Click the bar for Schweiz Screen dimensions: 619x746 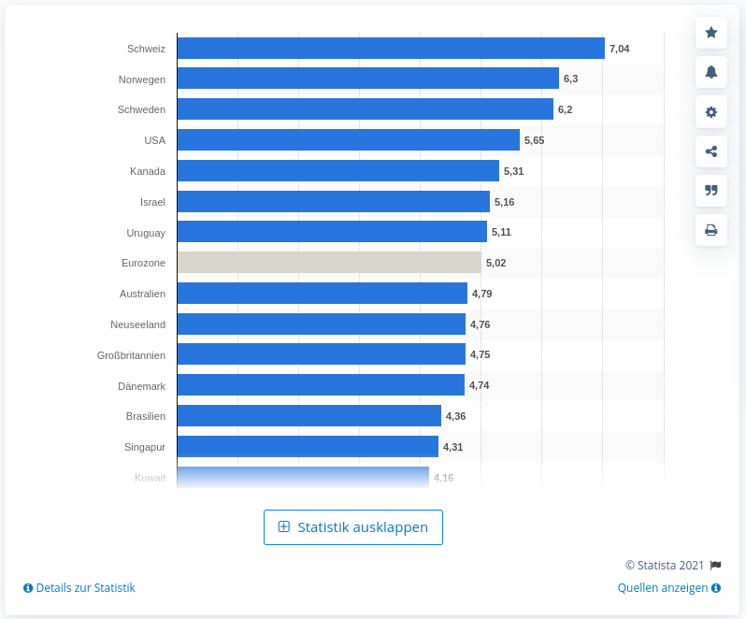pyautogui.click(x=391, y=48)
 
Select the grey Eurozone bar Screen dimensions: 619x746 pyautogui.click(x=329, y=263)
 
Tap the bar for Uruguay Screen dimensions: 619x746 pyautogui.click(x=332, y=232)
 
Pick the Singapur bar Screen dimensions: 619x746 pyautogui.click(x=308, y=446)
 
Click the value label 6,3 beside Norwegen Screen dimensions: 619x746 pyautogui.click(x=570, y=79)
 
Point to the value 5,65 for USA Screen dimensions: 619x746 pyautogui.click(x=534, y=140)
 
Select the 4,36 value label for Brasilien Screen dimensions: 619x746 pyautogui.click(x=455, y=416)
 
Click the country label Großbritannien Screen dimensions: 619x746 pyautogui.click(x=131, y=354)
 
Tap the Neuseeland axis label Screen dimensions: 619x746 pyautogui.click(x=137, y=324)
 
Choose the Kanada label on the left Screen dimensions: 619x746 pyautogui.click(x=148, y=171)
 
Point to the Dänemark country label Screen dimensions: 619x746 pyautogui.click(x=142, y=385)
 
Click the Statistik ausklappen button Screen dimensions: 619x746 pyautogui.click(x=353, y=527)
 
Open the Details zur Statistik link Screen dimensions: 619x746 pyautogui.click(x=79, y=588)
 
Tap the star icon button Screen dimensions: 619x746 pyautogui.click(x=711, y=33)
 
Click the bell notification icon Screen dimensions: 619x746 pyautogui.click(x=711, y=72)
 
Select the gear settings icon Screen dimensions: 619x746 pyautogui.click(x=711, y=112)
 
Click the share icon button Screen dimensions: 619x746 pyautogui.click(x=711, y=151)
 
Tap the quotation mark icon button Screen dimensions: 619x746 pyautogui.click(x=711, y=191)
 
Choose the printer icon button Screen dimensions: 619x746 pyautogui.click(x=711, y=230)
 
